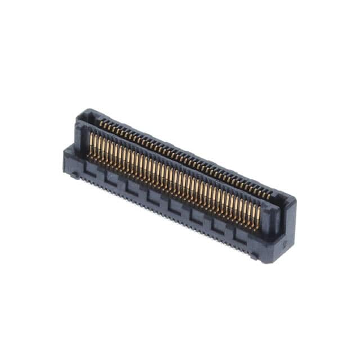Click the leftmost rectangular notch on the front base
[87, 167]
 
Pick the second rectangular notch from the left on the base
[110, 177]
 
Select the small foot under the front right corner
[254, 256]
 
